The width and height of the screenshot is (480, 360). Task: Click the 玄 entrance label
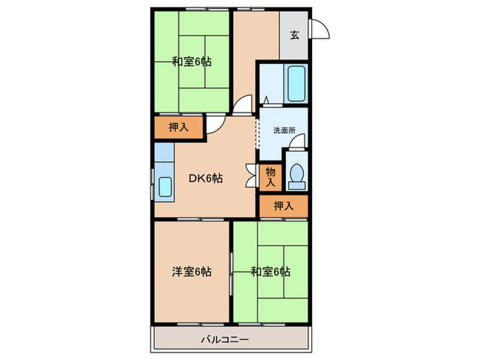coord(294,36)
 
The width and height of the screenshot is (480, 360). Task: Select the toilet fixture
coord(297,175)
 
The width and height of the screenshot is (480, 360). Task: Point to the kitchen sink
coord(165,185)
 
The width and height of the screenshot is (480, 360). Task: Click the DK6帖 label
coord(205,178)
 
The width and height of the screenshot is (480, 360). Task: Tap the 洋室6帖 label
coord(191,272)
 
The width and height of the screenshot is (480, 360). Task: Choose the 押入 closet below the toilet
coord(283,205)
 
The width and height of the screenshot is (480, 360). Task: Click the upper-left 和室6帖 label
coord(191,62)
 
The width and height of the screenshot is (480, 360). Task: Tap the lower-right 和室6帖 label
coord(270,272)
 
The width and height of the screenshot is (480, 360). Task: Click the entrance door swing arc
coord(320,28)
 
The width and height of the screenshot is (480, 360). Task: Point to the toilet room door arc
coord(296,143)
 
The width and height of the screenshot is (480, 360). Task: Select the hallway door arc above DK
coord(242,104)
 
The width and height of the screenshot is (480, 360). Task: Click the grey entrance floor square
coord(294,36)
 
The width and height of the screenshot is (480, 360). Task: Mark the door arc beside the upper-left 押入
coord(215,124)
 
